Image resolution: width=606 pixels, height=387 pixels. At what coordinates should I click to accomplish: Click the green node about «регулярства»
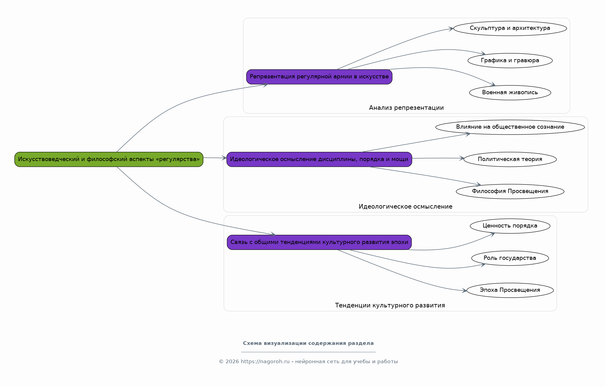pyautogui.click(x=109, y=159)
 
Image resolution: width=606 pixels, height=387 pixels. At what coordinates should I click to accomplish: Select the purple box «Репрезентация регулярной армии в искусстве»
pyautogui.click(x=319, y=77)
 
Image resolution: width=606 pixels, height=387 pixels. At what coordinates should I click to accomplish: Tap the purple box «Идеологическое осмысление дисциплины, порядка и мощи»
pyautogui.click(x=319, y=159)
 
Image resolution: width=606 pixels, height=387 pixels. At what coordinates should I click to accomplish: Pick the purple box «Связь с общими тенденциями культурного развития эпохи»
pyautogui.click(x=319, y=242)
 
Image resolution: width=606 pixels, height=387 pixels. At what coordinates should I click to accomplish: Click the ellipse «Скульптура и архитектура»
pyautogui.click(x=510, y=28)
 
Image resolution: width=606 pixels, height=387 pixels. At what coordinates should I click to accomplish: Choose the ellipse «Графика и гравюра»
pyautogui.click(x=510, y=60)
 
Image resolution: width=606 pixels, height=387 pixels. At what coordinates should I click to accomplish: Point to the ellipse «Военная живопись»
pyautogui.click(x=510, y=93)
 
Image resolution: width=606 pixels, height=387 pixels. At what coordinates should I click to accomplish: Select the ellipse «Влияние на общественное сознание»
pyautogui.click(x=510, y=127)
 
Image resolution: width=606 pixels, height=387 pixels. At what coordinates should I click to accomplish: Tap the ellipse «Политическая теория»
pyautogui.click(x=510, y=159)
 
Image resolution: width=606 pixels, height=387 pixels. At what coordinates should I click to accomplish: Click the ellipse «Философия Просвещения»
pyautogui.click(x=510, y=192)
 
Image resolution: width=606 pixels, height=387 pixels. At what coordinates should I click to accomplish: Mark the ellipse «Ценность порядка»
pyautogui.click(x=510, y=226)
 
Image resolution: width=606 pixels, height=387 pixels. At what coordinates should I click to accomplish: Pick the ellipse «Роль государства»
pyautogui.click(x=510, y=258)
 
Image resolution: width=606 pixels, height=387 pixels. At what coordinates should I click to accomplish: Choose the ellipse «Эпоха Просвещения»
pyautogui.click(x=510, y=290)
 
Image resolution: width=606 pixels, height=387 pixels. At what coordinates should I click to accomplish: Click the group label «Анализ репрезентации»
pyautogui.click(x=406, y=108)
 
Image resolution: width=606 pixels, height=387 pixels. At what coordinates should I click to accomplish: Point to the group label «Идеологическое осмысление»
pyautogui.click(x=405, y=206)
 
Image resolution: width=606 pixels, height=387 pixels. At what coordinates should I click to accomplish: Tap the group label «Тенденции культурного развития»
pyautogui.click(x=390, y=305)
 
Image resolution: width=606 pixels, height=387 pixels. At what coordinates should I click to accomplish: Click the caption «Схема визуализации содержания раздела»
pyautogui.click(x=308, y=343)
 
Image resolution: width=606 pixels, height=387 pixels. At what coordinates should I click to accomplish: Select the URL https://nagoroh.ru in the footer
pyautogui.click(x=265, y=361)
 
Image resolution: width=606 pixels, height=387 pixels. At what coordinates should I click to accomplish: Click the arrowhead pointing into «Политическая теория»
pyautogui.click(x=461, y=158)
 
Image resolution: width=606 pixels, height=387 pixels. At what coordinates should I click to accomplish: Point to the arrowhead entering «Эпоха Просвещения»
pyautogui.click(x=464, y=291)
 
